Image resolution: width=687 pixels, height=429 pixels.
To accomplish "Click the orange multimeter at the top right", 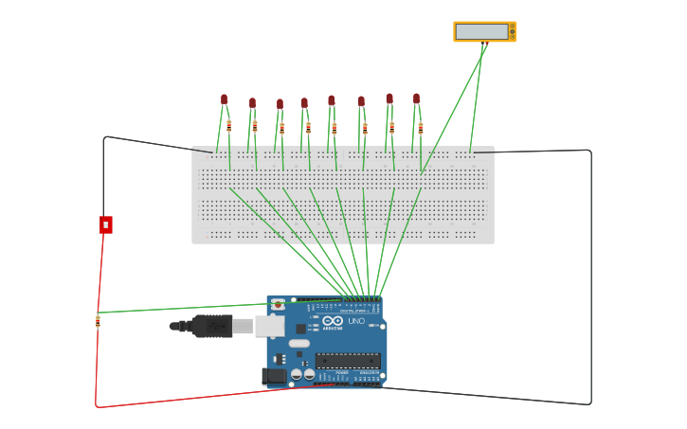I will (484, 31).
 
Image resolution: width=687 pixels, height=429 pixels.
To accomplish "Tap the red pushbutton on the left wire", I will (106, 224).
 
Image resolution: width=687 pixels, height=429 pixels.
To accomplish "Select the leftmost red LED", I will (225, 98).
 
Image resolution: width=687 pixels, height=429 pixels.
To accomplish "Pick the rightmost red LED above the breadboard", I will (416, 98).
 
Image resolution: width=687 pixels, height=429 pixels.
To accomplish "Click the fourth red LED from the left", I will (304, 102).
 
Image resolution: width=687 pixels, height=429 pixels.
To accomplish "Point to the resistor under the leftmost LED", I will (228, 125).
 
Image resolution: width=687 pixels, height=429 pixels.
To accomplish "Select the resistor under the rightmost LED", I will (421, 127).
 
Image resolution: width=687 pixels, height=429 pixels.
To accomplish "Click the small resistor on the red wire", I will (98, 321).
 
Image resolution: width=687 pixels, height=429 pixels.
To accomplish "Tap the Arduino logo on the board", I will (333, 321).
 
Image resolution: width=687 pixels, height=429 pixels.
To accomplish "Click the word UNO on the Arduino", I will (356, 321).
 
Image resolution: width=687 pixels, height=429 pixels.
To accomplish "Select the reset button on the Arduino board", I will (278, 305).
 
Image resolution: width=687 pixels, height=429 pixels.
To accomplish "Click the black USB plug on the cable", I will (212, 326).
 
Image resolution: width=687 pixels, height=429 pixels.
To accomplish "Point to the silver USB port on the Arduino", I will (269, 326).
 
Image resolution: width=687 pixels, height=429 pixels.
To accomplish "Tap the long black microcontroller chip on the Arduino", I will (347, 360).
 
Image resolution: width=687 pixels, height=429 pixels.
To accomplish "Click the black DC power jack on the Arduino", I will (275, 376).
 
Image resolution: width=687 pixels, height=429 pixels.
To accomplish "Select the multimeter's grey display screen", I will (481, 31).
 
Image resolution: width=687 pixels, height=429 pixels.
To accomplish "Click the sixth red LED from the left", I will (361, 101).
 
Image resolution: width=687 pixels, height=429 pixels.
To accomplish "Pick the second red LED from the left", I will (252, 102).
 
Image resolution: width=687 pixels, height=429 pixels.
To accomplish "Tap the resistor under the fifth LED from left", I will (334, 128).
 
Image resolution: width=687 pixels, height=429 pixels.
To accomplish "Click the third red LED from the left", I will (280, 103).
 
